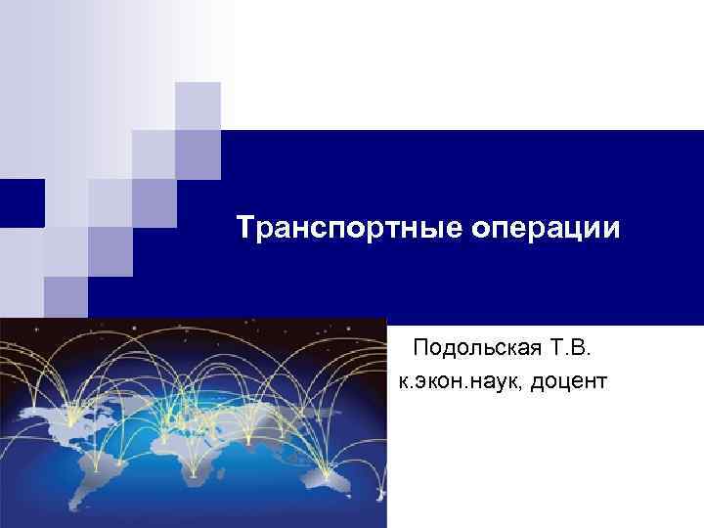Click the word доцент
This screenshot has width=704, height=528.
coord(568,378)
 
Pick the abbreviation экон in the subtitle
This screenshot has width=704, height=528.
coord(439,378)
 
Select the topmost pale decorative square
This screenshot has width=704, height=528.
coord(198,106)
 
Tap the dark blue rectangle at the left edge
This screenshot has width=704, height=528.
coord(22,203)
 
